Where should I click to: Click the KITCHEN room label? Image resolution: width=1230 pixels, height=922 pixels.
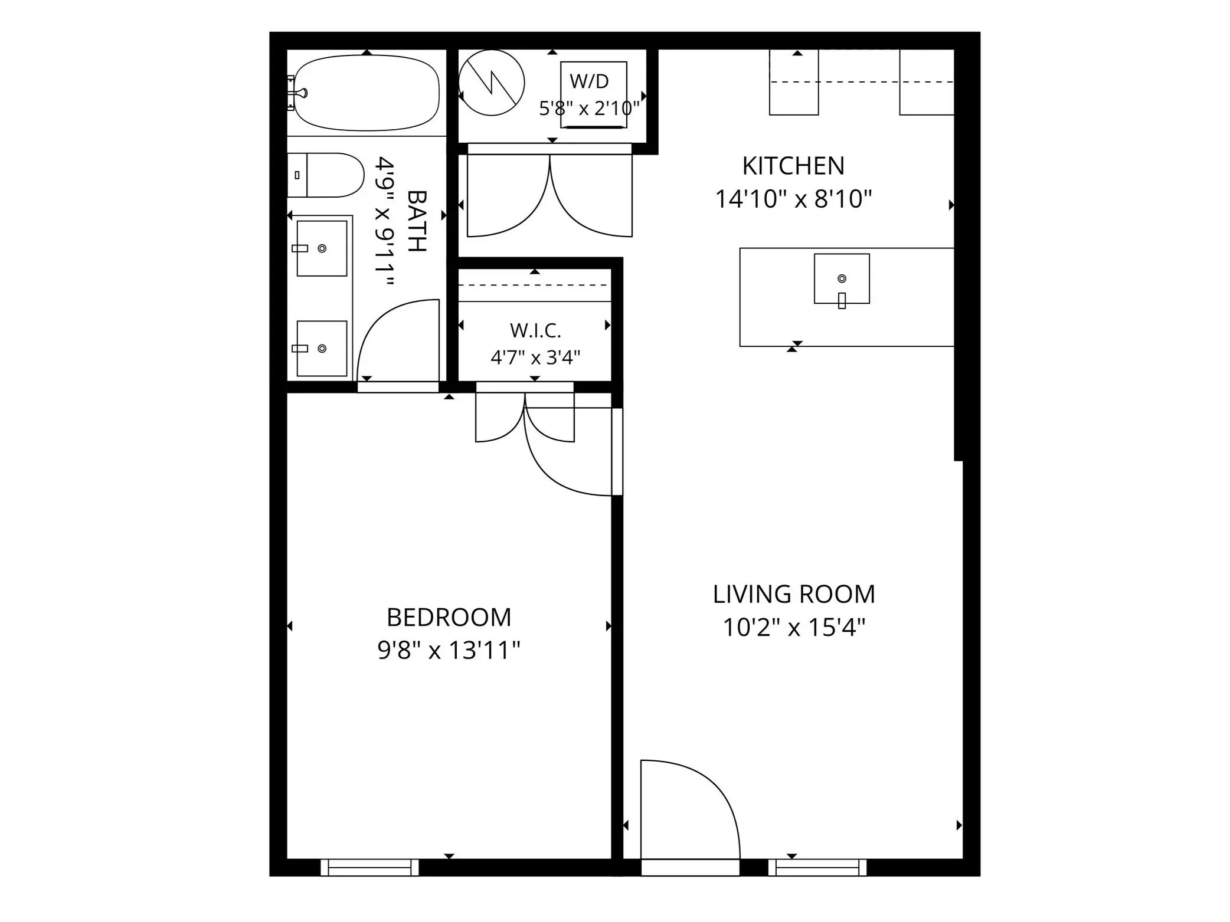(x=793, y=166)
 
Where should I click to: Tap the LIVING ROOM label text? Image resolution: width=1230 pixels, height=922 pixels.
(x=794, y=594)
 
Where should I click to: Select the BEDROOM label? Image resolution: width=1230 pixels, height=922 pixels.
(x=449, y=618)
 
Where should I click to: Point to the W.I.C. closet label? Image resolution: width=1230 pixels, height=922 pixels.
(x=535, y=330)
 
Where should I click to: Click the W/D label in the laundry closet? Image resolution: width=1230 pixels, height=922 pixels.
(x=589, y=81)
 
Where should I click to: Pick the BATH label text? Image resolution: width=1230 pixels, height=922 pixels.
(x=417, y=221)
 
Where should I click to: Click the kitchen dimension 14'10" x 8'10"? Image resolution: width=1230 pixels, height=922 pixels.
(x=793, y=199)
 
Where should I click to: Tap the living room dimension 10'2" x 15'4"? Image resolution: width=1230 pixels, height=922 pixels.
(x=794, y=627)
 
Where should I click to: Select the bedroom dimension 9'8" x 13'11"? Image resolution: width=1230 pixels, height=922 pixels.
(x=449, y=651)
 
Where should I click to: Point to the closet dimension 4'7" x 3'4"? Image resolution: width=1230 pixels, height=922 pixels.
(x=535, y=357)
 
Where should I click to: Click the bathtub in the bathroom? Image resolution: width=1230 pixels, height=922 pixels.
(x=367, y=93)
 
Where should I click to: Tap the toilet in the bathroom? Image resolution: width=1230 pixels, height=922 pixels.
(x=325, y=175)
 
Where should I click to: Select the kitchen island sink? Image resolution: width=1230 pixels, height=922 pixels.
(x=842, y=279)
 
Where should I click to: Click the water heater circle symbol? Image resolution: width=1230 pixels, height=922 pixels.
(x=492, y=83)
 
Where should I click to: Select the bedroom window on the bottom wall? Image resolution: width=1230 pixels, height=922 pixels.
(x=369, y=867)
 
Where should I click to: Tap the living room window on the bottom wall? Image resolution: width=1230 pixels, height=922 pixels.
(x=817, y=867)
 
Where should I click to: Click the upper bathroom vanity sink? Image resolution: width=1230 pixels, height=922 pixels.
(x=321, y=248)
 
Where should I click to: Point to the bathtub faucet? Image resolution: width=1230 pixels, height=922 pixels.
(x=298, y=93)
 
